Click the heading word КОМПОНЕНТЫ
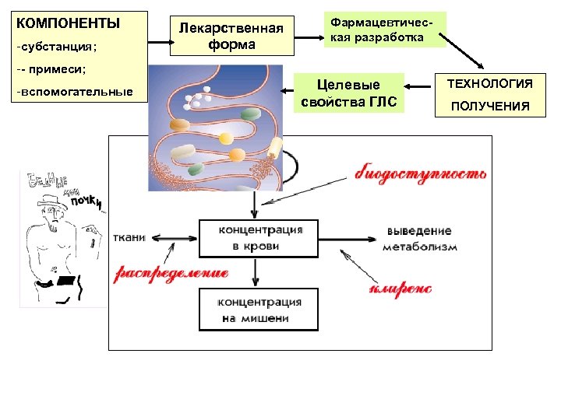[x=69, y=23]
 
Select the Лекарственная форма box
[x=231, y=37]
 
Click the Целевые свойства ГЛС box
[x=350, y=93]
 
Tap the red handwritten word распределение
[x=172, y=273]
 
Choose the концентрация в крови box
[x=259, y=238]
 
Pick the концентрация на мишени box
[x=259, y=310]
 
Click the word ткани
[x=128, y=238]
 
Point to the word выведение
[x=418, y=231]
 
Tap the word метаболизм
[x=419, y=247]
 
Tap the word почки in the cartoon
[x=87, y=201]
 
